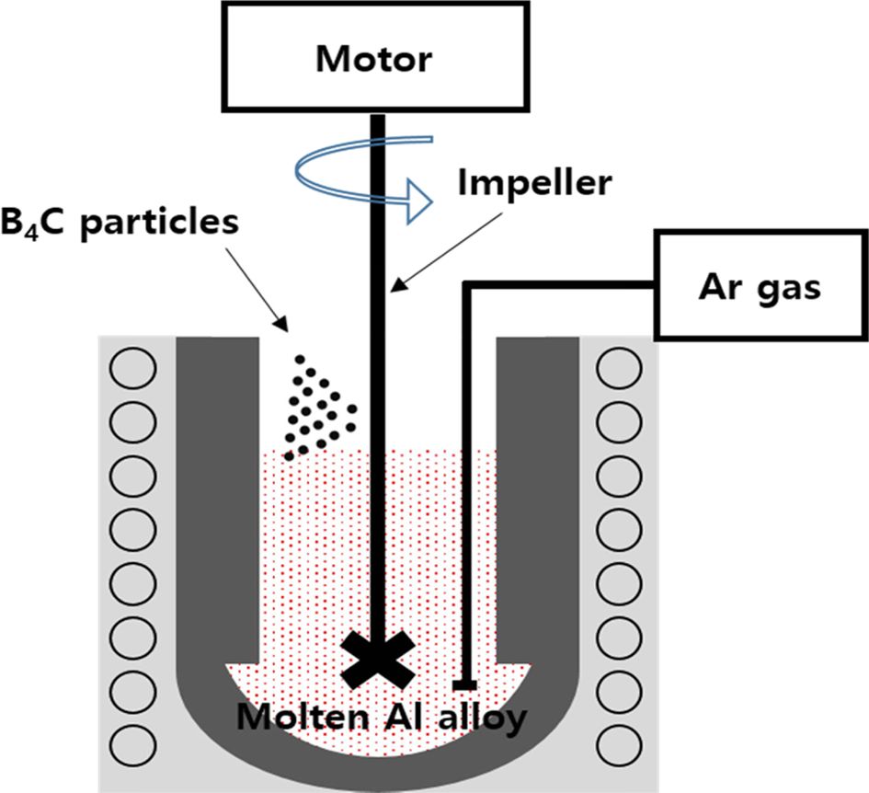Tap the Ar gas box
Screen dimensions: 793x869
coord(760,285)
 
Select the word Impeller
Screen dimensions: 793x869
coord(533,183)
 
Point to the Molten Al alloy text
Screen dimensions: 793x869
coord(383,717)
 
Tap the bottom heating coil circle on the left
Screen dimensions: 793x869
coord(132,743)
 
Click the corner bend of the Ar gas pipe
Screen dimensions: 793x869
coord(467,286)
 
